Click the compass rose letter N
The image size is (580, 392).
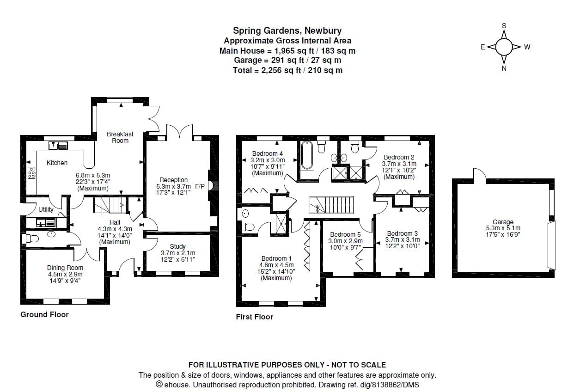pos(504,68)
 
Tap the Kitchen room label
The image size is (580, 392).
pos(57,163)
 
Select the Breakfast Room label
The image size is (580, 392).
pos(120,137)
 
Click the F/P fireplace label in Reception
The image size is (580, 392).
pos(200,186)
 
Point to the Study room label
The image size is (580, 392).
pos(177,246)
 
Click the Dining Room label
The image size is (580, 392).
pos(65,268)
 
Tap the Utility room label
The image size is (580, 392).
pos(46,209)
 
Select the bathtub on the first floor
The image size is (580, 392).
pos(307,156)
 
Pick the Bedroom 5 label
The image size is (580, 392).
pos(345,234)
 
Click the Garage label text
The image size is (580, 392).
pos(503,222)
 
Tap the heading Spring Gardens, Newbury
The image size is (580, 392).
pos(287,31)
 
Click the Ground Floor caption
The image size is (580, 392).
pos(44,314)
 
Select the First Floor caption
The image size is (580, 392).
pos(254,317)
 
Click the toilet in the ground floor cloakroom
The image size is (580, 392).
pos(29,239)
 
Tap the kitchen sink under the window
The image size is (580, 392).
pos(58,146)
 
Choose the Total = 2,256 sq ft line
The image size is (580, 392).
pos(287,70)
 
